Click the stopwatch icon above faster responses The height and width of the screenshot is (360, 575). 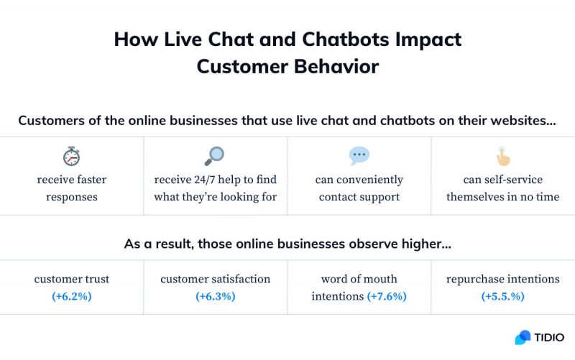[x=71, y=156]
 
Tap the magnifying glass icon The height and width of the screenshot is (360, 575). [x=214, y=155]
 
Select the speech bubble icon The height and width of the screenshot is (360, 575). [x=359, y=155]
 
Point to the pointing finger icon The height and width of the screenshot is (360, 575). [x=502, y=156]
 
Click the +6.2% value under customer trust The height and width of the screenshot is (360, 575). [x=71, y=296]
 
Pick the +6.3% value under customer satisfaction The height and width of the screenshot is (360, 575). [x=215, y=296]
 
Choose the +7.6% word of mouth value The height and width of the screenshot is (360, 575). [x=387, y=296]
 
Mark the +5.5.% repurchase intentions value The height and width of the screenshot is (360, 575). [x=502, y=296]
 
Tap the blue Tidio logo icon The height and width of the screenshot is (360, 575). [x=523, y=338]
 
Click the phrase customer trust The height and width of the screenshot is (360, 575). [x=71, y=279]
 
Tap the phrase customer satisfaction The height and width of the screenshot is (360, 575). [x=215, y=279]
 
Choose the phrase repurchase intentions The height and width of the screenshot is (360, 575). [x=502, y=279]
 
